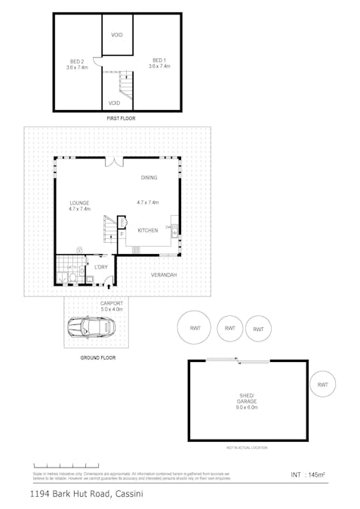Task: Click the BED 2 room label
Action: point(76,61)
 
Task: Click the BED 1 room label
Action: point(158,60)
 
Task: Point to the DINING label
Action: point(149,177)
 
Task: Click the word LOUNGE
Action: point(79,203)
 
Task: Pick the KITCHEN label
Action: point(148,230)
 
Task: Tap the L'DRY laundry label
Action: point(100,267)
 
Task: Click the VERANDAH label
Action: point(163,275)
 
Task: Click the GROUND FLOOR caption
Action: point(98,358)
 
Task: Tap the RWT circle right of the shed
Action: point(322,385)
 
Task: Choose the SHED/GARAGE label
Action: point(247,400)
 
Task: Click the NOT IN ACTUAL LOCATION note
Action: point(246,448)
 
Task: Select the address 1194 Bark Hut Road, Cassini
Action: point(87,495)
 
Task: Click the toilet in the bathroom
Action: point(71,278)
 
